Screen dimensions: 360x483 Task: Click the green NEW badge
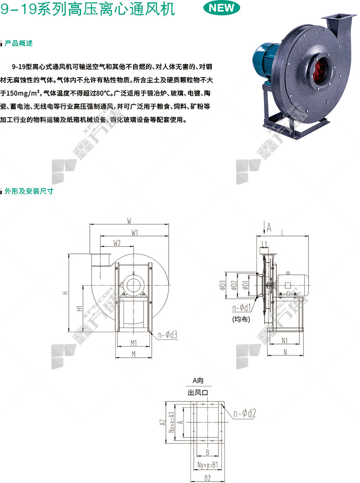click(x=222, y=8)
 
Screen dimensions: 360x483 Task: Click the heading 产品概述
click(x=19, y=43)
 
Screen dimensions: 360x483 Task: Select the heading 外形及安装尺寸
click(x=29, y=191)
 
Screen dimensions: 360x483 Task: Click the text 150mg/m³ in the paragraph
click(x=23, y=93)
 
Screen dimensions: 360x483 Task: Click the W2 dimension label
click(x=117, y=243)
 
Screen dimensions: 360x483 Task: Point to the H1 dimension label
click(x=79, y=308)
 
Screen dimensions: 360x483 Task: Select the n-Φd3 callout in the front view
click(x=168, y=335)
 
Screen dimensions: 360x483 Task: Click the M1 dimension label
click(x=134, y=343)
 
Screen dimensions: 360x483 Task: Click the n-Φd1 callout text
click(x=242, y=308)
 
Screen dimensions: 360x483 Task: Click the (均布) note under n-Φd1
click(x=241, y=319)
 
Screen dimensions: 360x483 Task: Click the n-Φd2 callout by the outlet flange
click(x=245, y=413)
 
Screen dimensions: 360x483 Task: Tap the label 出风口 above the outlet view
click(x=198, y=393)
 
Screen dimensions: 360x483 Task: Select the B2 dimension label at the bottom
click(x=207, y=478)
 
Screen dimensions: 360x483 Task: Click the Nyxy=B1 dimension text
click(x=207, y=465)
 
